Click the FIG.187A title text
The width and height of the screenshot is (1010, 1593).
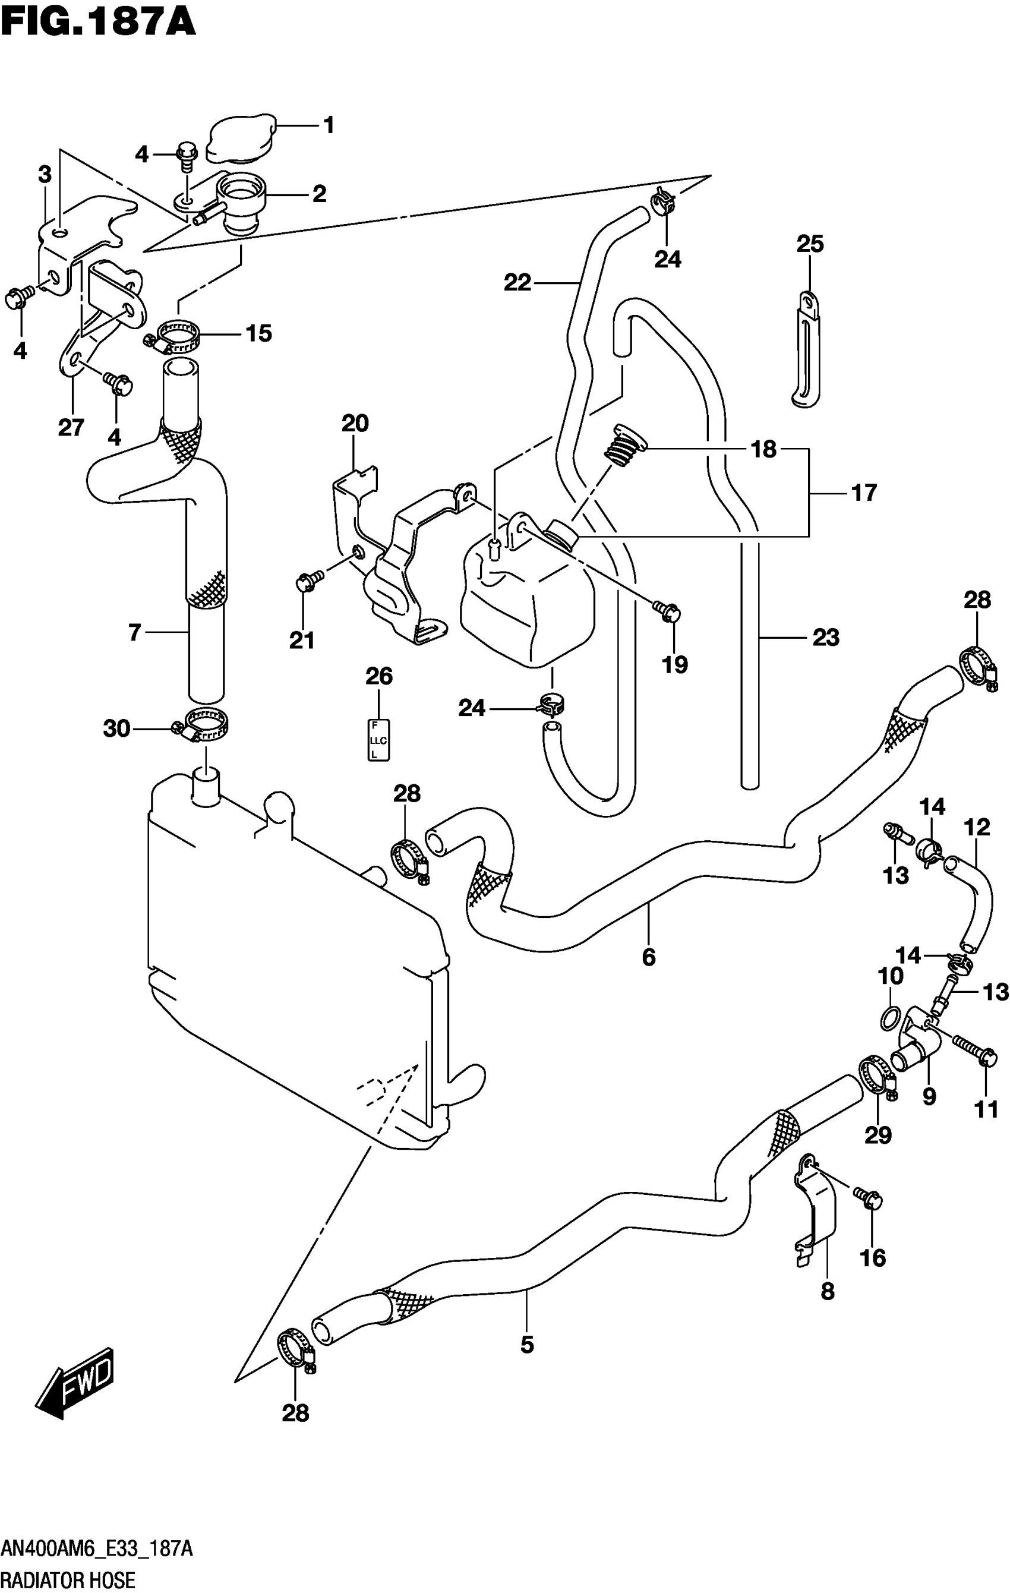click(98, 21)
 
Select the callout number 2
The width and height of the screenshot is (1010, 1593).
click(319, 194)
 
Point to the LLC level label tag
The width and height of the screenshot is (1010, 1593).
click(378, 740)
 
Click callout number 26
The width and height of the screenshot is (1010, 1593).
click(379, 676)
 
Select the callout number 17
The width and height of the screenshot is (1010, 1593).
click(863, 492)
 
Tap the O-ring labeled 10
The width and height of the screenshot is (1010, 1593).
click(890, 1017)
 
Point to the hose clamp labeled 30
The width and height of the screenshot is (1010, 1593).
click(202, 724)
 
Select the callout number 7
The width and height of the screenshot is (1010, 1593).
click(134, 633)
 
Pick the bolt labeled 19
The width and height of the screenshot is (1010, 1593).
click(667, 610)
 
